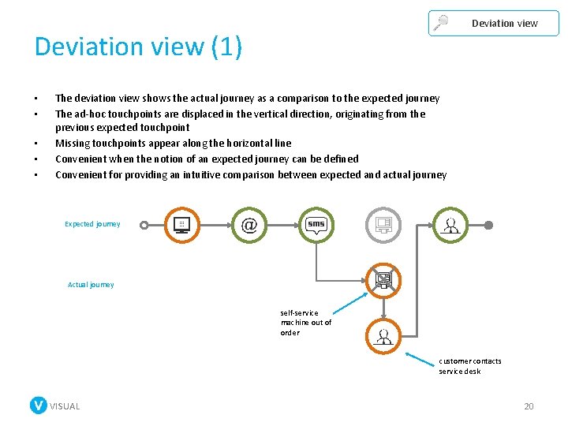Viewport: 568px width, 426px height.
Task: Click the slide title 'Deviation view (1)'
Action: (138, 47)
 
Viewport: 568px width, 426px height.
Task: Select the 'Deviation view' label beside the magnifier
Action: (504, 24)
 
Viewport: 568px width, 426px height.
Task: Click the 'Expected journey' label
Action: (92, 224)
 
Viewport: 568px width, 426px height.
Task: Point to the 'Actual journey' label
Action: (91, 285)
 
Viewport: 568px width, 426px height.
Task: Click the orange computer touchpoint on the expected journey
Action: (181, 225)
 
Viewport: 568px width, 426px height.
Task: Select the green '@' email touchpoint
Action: (249, 225)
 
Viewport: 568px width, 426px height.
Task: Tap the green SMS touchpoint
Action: (316, 225)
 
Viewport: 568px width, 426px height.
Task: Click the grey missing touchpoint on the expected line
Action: (383, 225)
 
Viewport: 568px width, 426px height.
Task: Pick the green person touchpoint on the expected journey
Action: (450, 225)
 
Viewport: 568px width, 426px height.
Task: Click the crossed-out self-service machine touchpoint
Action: (383, 280)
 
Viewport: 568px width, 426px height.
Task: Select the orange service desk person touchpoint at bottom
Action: (384, 337)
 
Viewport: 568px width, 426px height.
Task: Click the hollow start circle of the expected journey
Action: (144, 225)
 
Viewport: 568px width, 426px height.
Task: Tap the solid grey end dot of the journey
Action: (488, 225)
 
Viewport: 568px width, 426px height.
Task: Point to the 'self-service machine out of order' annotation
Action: (306, 323)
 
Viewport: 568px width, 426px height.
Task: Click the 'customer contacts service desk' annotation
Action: (470, 366)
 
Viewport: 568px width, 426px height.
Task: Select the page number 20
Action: (529, 406)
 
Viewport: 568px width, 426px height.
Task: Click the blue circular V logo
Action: (38, 405)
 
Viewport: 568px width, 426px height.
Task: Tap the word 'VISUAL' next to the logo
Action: (65, 406)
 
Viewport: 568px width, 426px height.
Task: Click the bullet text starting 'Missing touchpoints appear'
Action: (173, 144)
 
